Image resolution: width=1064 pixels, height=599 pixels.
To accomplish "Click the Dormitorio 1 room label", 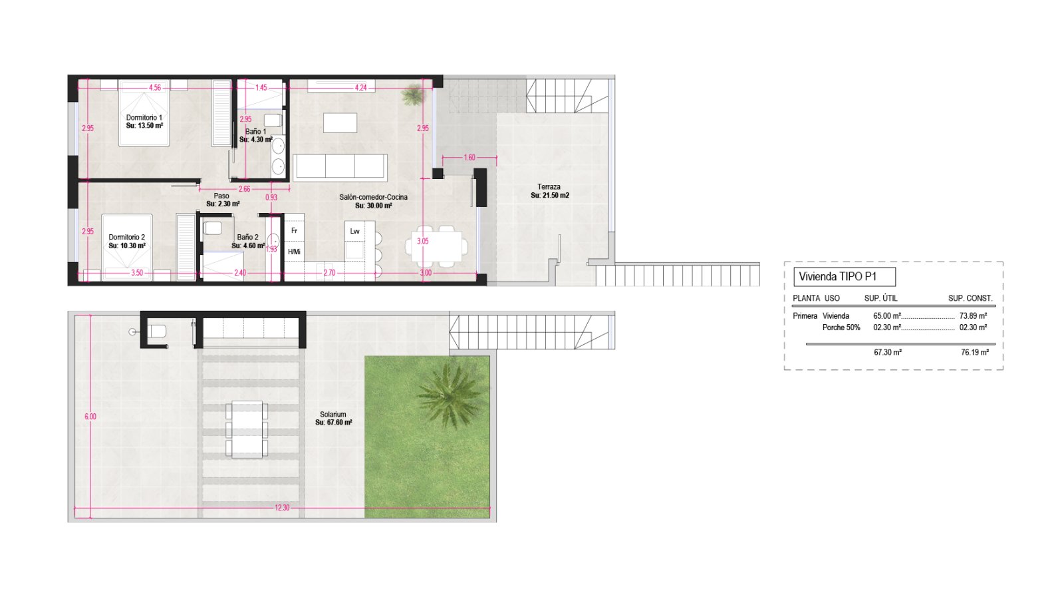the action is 144,117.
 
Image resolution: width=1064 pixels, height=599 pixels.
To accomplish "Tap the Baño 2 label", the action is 247,237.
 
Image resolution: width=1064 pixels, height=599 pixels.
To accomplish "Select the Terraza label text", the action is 549,187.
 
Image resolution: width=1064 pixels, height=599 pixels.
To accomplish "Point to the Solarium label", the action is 333,415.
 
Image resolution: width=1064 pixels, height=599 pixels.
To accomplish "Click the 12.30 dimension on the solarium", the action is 282,508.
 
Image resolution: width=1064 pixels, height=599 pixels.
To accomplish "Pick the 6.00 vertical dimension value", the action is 90,417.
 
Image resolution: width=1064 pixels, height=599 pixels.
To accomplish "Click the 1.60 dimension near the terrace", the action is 469,158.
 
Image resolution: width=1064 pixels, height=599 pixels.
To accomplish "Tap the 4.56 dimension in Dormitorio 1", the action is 155,87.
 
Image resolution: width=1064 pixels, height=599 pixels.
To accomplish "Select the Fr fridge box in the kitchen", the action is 295,230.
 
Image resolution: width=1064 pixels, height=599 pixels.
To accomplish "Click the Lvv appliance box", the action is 355,232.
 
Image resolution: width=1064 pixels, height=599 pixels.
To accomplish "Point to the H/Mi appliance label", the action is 295,252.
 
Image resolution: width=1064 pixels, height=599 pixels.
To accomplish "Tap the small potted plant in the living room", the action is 413,95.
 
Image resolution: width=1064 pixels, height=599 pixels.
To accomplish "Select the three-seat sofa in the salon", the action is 340,167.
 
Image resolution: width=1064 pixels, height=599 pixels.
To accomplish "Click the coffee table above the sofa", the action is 340,122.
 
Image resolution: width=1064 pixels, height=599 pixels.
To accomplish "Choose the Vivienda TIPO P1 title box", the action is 845,277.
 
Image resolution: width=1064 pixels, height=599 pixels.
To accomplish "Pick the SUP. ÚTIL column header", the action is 880,299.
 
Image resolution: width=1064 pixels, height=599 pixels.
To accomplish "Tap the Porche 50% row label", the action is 841,327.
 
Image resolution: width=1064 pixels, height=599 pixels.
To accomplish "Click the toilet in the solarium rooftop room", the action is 157,331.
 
